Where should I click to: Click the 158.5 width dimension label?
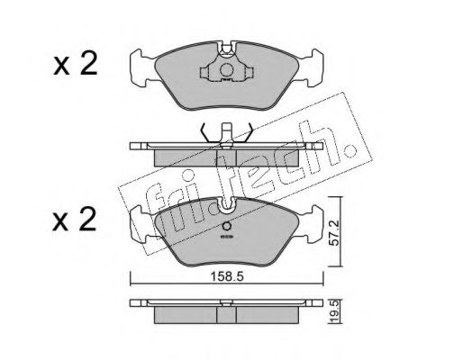click(227, 276)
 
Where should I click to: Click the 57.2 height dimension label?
click(333, 233)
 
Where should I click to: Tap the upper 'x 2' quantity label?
click(76, 63)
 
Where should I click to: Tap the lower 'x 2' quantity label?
click(75, 220)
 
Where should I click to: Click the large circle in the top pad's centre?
click(226, 70)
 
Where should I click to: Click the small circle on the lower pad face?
click(227, 226)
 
